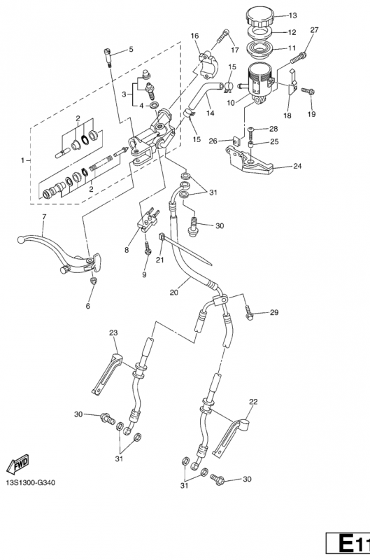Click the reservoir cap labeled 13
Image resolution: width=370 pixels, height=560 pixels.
point(260,17)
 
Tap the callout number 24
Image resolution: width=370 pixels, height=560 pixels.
point(297,166)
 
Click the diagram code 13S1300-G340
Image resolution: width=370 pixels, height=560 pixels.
point(31,483)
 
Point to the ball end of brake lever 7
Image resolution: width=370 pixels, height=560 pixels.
point(21,240)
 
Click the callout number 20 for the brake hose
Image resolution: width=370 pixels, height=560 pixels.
point(173,293)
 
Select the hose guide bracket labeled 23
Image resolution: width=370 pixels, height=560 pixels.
point(106,374)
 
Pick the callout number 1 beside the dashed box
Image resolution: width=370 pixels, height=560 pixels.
point(22,160)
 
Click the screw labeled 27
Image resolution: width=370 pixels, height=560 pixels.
point(299,57)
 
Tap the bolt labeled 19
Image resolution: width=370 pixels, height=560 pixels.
point(308,91)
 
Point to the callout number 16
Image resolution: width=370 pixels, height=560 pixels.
point(194,36)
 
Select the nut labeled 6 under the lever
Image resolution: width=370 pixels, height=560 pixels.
point(94,280)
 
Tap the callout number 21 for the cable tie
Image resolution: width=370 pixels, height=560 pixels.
point(160,260)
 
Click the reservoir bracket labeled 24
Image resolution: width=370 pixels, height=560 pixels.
point(249,161)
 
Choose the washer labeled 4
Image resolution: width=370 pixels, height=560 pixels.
point(155,106)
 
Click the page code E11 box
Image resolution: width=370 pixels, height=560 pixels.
point(348,545)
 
